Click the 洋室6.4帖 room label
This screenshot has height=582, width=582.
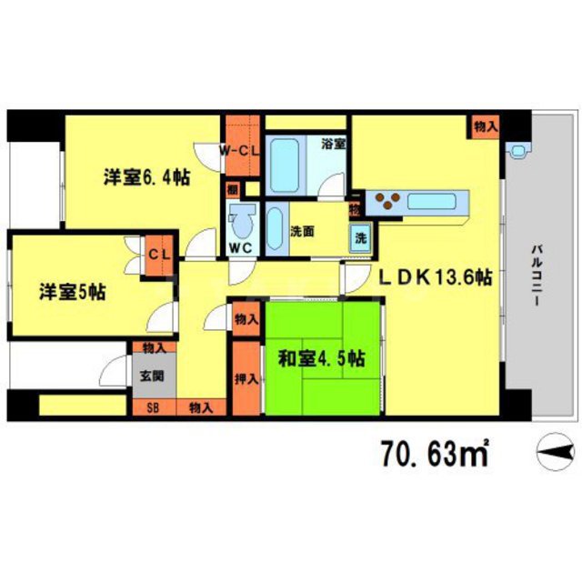coord(145,178)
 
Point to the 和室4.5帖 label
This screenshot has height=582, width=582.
coord(321,358)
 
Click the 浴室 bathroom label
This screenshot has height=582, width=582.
coord(333,144)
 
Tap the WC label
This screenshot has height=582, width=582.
coord(240,246)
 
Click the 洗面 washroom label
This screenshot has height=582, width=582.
coord(302,232)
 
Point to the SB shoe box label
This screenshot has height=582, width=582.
coord(152,407)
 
